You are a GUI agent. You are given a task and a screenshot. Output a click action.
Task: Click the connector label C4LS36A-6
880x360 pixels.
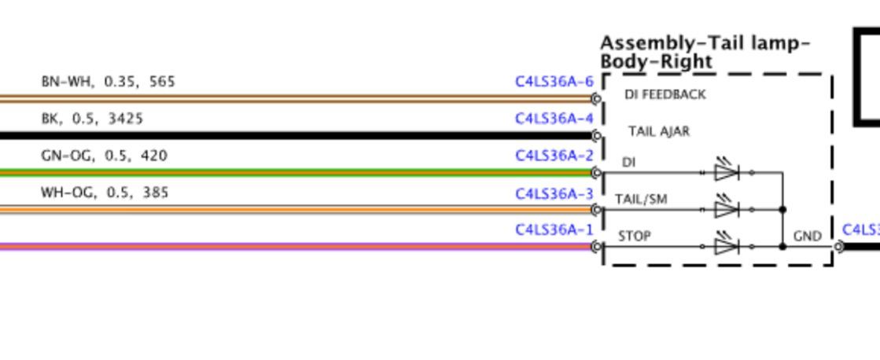(554, 82)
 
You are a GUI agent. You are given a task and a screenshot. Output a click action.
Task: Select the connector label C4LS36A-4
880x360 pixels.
(554, 119)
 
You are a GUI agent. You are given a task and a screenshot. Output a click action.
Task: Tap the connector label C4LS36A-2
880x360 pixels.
(554, 156)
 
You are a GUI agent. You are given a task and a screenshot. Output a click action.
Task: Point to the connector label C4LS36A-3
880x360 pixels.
(554, 194)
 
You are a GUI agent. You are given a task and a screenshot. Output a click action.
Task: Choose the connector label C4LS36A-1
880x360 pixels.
(554, 230)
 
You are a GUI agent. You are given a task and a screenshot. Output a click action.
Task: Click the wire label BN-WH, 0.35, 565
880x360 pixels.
(109, 82)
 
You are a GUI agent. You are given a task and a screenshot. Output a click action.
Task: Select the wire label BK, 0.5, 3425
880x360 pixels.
(92, 119)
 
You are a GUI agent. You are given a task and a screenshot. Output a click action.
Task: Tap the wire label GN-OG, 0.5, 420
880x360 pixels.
(105, 156)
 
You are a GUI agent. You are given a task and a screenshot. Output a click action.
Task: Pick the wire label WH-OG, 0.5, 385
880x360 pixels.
(105, 193)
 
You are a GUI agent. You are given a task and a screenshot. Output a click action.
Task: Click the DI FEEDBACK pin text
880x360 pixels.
(665, 95)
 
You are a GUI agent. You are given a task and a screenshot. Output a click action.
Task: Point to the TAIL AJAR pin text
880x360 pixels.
(659, 132)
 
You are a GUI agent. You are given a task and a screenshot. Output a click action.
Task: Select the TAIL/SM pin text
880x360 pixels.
(641, 200)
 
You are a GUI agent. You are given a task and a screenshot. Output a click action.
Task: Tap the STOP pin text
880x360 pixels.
(635, 237)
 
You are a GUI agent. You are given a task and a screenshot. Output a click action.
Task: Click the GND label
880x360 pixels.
(808, 237)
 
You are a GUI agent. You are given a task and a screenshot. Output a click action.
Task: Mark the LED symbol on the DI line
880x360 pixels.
(727, 171)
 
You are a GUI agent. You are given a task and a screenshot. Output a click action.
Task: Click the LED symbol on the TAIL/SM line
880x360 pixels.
(727, 208)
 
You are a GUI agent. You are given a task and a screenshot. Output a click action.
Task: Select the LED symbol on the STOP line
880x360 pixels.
(727, 244)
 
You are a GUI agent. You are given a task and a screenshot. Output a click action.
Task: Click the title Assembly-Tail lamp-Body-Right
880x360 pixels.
(705, 52)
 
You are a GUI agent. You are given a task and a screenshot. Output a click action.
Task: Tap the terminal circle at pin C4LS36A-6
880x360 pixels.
(597, 99)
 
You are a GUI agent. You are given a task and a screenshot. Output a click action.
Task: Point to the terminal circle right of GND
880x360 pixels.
(838, 247)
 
